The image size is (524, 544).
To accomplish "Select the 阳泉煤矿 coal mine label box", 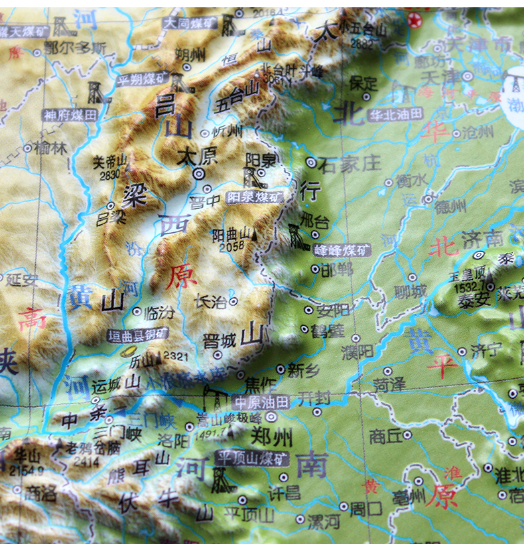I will tap(254, 197).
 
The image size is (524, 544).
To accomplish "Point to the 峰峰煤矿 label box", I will tap(341, 250).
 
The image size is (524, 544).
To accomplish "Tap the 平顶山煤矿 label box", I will tap(252, 458).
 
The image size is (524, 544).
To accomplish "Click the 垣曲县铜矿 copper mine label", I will tap(138, 336).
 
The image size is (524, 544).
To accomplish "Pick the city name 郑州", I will tap(272, 437).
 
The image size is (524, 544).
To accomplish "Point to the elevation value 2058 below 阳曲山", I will tap(228, 245).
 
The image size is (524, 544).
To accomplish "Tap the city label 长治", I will tap(210, 302).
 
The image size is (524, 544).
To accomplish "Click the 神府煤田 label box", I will tap(70, 115).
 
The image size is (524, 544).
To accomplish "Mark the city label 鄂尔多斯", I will tap(75, 48).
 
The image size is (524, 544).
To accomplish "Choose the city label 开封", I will tap(314, 398).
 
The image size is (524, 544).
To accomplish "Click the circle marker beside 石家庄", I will tap(310, 162).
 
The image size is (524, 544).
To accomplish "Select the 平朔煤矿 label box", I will tap(143, 80).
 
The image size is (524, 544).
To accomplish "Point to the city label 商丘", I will tap(385, 436).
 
